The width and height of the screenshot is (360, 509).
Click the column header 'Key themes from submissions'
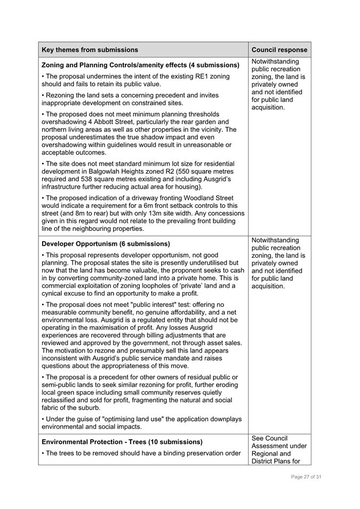(x=90, y=50)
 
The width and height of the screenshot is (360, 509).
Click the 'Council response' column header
(x=279, y=50)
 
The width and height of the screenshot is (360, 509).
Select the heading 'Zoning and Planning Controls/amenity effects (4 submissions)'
(x=140, y=65)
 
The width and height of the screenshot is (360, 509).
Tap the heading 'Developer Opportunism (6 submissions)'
(x=106, y=244)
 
